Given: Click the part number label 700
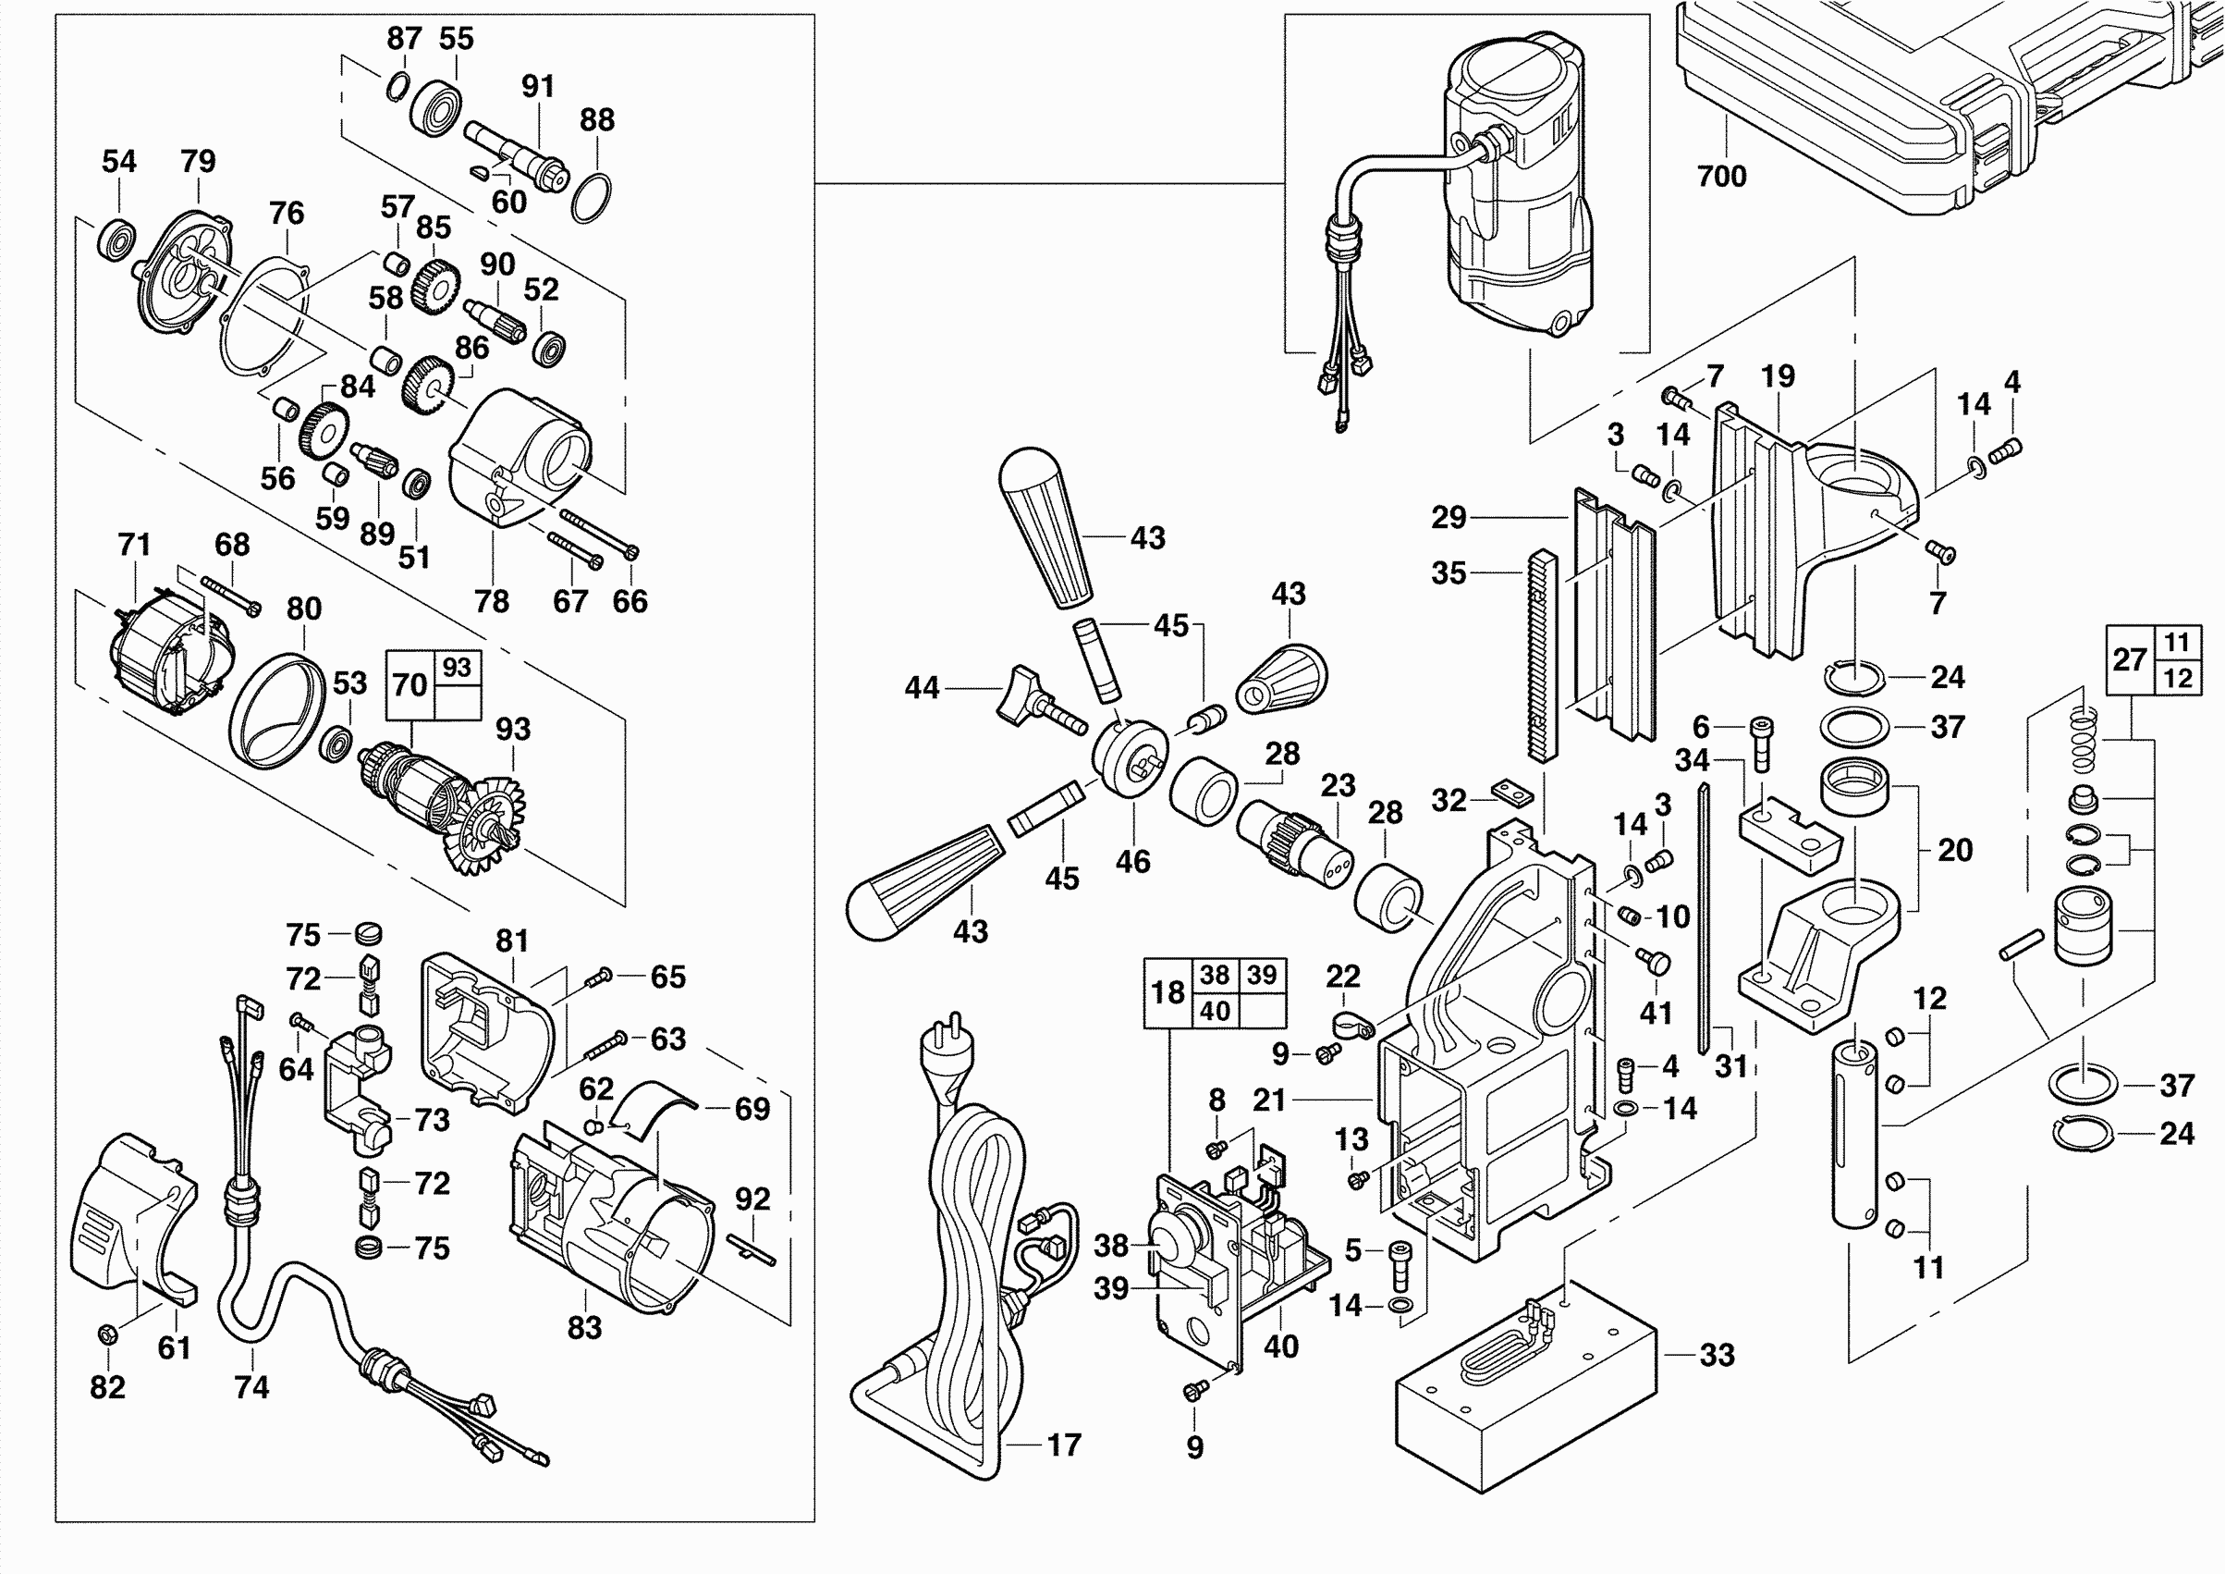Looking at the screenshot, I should (x=1721, y=177).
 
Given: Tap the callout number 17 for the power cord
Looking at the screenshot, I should (x=1064, y=1445).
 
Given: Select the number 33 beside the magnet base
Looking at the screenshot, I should (x=1717, y=1355).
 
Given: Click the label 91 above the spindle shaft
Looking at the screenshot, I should (x=538, y=86).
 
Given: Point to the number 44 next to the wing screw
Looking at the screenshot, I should (x=922, y=688).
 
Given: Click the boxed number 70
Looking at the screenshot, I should (x=410, y=685).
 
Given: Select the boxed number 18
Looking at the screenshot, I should (x=1168, y=992).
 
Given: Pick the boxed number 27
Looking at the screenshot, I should (x=2129, y=660).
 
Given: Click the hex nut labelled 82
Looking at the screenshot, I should (x=107, y=1334).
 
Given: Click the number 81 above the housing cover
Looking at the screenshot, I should (x=512, y=941).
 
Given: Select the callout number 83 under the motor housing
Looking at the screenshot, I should (x=584, y=1328).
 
